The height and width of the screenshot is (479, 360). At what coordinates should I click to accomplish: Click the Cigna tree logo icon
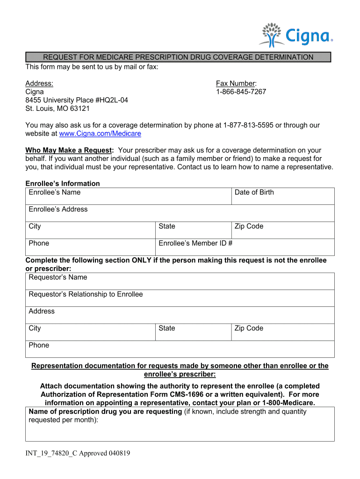point(270,35)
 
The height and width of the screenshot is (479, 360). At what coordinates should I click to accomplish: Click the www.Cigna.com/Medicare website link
point(100,134)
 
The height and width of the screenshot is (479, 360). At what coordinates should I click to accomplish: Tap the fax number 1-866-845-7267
point(241,92)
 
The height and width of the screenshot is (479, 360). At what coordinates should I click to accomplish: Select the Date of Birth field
point(283,196)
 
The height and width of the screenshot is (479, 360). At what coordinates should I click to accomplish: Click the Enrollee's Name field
point(129,196)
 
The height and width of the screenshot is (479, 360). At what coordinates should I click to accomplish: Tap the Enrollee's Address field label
point(58,210)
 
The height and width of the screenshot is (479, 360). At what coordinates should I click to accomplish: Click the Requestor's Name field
point(180,281)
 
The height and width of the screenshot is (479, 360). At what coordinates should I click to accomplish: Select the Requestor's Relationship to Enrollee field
point(180,298)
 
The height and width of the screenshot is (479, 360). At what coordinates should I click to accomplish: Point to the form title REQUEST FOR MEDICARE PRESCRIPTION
point(178,58)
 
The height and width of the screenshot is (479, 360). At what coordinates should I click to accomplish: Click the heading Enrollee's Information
point(63,184)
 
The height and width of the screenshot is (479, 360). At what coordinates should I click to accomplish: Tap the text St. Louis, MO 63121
point(58,109)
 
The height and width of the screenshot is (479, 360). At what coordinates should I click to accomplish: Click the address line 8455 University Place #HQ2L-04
point(77,100)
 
